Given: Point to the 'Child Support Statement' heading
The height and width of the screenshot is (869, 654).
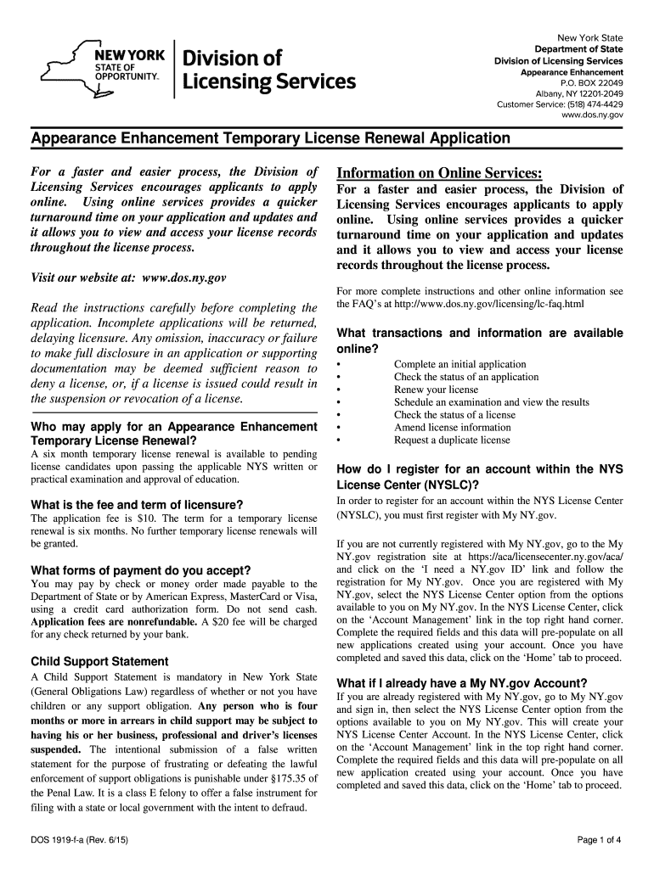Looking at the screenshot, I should (x=99, y=661).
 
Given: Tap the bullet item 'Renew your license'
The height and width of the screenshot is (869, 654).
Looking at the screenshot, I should (x=436, y=390).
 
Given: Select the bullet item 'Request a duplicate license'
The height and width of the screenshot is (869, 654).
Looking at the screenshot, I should (x=452, y=440).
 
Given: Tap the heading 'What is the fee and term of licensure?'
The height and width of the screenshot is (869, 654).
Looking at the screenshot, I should (x=137, y=504).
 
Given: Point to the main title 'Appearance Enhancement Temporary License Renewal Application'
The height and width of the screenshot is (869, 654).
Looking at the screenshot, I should (x=270, y=137).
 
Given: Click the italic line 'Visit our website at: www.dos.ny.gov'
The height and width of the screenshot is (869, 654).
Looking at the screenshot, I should (x=128, y=278).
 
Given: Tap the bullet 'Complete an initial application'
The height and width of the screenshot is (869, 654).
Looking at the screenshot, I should (x=459, y=364).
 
